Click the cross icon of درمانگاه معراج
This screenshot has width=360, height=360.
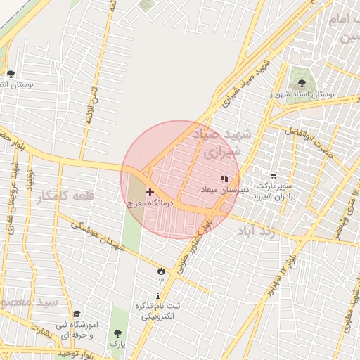pos(150,192)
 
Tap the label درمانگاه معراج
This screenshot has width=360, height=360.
pos(150,202)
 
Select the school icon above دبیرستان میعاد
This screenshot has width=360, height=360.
pos(224,179)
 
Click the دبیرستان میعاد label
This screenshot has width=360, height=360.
pos(222,191)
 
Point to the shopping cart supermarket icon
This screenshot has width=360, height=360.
pos(273,176)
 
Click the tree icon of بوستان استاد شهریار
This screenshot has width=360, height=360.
pos(302,84)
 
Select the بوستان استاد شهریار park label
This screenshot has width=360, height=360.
pos(304,94)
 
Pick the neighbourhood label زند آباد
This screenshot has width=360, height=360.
pos(259,230)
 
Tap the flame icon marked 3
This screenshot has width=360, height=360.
pos(161,271)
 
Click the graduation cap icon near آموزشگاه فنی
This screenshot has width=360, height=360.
pos(76,314)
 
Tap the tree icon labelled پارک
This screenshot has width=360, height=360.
pos(117,335)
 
